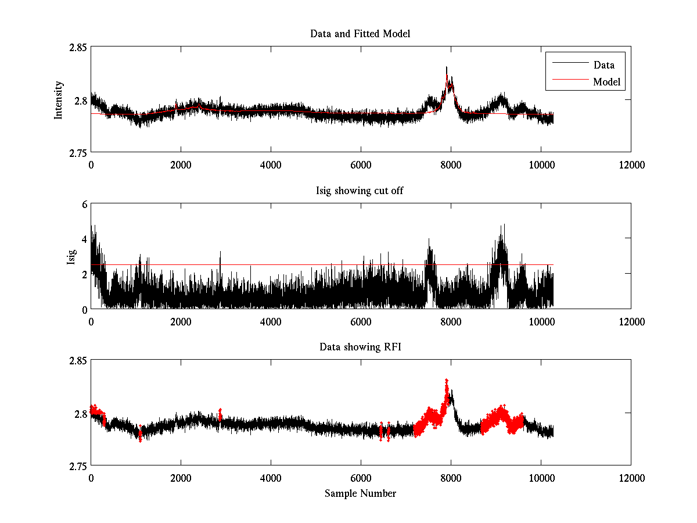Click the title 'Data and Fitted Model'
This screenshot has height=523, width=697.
[360, 34]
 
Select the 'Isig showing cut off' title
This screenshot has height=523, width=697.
[360, 191]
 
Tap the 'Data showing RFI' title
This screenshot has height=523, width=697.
[360, 347]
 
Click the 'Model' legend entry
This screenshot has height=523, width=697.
[606, 82]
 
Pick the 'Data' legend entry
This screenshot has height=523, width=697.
[603, 65]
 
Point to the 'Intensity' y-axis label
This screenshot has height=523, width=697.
[59, 100]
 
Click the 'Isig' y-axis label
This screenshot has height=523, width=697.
[71, 256]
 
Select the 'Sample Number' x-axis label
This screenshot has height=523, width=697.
[360, 493]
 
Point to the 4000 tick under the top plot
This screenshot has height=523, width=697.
[271, 164]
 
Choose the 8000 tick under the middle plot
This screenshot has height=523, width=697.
[451, 321]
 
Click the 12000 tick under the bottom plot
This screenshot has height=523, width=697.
[631, 478]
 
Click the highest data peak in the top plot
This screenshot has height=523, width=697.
[447, 68]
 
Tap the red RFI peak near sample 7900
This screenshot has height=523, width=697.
[447, 381]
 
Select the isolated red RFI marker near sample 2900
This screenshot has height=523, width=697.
[220, 413]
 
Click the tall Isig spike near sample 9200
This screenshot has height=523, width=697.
[504, 225]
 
